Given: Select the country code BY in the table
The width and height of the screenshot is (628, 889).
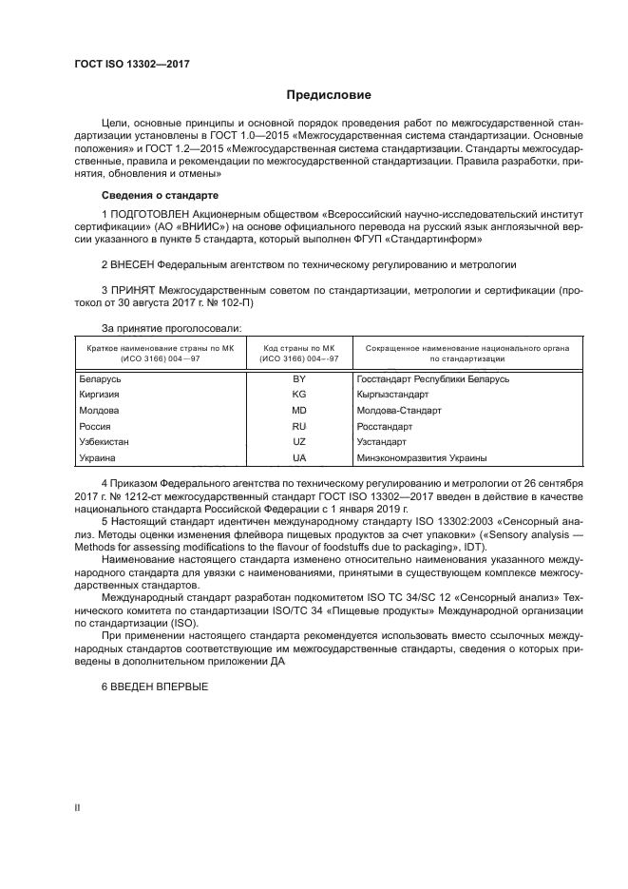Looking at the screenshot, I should [298, 378].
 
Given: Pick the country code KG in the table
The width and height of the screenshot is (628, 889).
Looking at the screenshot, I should [298, 395].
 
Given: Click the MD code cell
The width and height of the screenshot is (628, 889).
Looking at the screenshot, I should [298, 411].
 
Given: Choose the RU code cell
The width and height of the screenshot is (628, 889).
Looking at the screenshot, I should [298, 427].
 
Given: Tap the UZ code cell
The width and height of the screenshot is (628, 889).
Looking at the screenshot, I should [298, 442].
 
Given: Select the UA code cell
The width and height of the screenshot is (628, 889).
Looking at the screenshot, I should [298, 458].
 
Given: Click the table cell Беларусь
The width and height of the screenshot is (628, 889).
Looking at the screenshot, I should [100, 378].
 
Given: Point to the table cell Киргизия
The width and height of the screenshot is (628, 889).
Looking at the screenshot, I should [100, 395].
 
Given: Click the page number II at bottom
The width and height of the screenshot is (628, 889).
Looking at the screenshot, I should [79, 807].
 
